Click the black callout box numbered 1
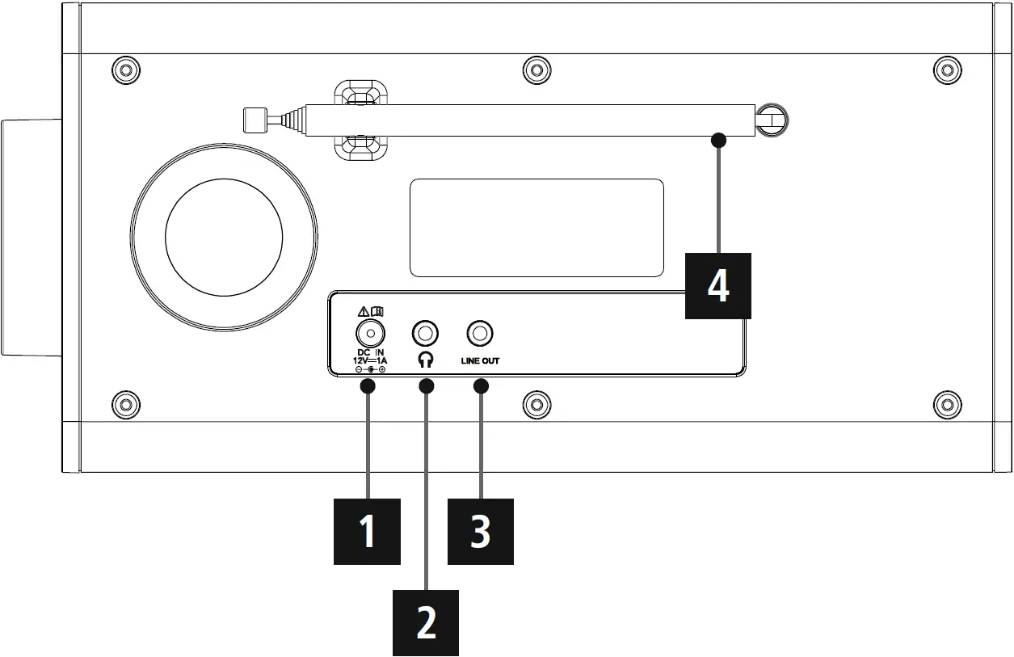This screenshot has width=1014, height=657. [368, 532]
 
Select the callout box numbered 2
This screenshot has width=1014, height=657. [426, 622]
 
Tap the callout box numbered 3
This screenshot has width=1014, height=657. [481, 532]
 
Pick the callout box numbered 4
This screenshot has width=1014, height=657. [718, 285]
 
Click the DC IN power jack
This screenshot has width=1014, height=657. [370, 333]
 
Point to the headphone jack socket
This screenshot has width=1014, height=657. [426, 333]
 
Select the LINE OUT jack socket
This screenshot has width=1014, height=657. [481, 333]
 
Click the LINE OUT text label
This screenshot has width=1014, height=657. [480, 360]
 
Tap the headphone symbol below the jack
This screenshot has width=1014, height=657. [426, 360]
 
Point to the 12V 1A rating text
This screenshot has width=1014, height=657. [370, 360]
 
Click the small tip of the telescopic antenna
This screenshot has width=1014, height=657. [254, 120]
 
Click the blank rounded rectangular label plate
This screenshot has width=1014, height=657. [536, 228]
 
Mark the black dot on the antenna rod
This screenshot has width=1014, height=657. [718, 140]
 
